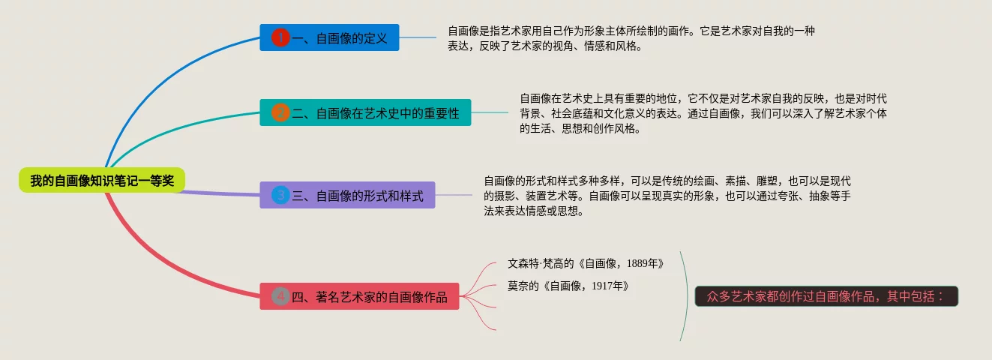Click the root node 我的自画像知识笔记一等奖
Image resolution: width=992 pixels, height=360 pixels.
[x=101, y=180]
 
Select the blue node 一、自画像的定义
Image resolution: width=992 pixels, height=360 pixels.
[x=330, y=37]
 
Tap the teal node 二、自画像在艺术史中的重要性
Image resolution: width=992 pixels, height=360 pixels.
[x=366, y=112]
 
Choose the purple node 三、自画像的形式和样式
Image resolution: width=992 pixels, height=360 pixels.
[x=348, y=196]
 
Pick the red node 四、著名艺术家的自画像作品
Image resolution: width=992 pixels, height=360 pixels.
[x=359, y=296]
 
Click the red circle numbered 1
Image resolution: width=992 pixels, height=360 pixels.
[x=280, y=37]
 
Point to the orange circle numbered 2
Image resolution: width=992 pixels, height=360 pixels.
[x=280, y=113]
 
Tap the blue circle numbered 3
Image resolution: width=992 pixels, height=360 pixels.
[x=280, y=196]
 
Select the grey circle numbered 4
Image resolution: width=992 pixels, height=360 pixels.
[x=280, y=296]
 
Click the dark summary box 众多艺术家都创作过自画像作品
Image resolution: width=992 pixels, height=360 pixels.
[x=826, y=295]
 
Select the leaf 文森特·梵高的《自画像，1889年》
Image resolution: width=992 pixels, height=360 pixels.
[x=586, y=264]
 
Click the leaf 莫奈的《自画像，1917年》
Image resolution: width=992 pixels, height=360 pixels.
[x=568, y=286]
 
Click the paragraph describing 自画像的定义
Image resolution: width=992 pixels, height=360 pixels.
[x=631, y=38]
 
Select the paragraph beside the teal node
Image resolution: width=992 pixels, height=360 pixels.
[x=703, y=112]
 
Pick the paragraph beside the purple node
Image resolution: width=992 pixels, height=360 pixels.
[x=667, y=196]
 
